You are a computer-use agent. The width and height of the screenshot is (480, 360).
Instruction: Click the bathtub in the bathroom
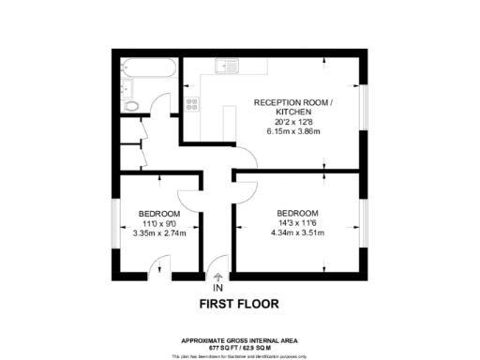(147, 70)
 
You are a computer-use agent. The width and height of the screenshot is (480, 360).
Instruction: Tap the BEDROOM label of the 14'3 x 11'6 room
(297, 213)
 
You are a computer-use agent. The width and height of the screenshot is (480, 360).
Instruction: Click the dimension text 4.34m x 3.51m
(297, 232)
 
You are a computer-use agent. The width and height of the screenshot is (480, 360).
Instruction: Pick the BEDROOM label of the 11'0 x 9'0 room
(159, 213)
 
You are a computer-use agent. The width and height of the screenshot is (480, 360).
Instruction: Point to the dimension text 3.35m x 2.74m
(159, 232)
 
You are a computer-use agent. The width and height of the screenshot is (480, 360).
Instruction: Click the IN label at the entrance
(218, 288)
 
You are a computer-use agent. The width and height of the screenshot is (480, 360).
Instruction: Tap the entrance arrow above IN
(218, 277)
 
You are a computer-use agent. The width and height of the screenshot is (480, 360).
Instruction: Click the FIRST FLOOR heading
(239, 304)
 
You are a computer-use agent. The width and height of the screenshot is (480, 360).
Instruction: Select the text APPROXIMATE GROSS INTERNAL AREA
(239, 338)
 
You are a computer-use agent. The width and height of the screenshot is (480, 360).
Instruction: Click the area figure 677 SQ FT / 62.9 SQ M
(239, 346)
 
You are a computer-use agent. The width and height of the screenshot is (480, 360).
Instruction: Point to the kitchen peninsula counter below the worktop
(226, 120)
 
